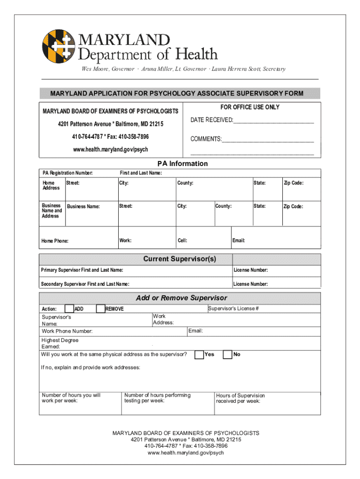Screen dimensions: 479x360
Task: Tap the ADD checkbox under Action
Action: (69, 308)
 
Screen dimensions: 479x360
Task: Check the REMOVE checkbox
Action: (100, 308)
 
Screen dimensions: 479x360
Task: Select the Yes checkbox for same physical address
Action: (199, 354)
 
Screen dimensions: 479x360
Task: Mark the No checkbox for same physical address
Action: (228, 354)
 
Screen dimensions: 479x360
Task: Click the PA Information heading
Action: (182, 164)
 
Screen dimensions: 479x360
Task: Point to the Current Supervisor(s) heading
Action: (180, 259)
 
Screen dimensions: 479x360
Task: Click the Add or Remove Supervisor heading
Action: (181, 298)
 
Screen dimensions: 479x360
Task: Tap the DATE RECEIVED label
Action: (211, 121)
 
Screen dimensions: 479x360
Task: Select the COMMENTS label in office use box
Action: (206, 139)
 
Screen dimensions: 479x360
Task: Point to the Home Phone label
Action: (55, 241)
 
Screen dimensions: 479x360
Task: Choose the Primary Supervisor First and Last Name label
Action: (82, 270)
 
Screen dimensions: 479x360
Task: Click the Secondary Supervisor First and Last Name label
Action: (85, 284)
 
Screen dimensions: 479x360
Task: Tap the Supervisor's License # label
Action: (233, 309)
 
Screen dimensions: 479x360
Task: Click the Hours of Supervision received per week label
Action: (240, 398)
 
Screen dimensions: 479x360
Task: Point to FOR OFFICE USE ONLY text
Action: (250, 107)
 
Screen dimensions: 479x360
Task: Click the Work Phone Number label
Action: (67, 331)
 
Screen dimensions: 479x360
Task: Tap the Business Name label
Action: (84, 206)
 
